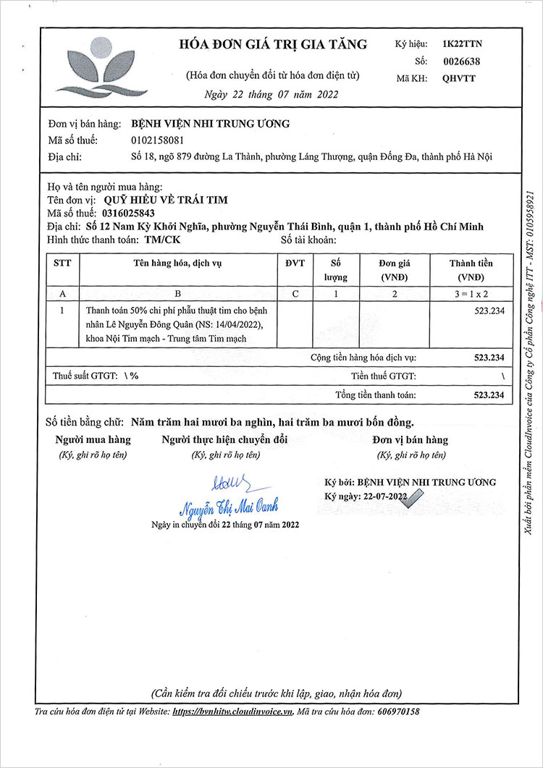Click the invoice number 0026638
pos(460,62)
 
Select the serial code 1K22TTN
pos(461,45)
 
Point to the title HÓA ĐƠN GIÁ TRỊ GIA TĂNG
pos(273,45)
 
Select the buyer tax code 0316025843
pos(127,213)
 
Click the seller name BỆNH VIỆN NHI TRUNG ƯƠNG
pos(210,124)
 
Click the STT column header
pos(62,263)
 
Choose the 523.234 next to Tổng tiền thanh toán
pos(488,394)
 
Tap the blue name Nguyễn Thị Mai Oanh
pos(228,505)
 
